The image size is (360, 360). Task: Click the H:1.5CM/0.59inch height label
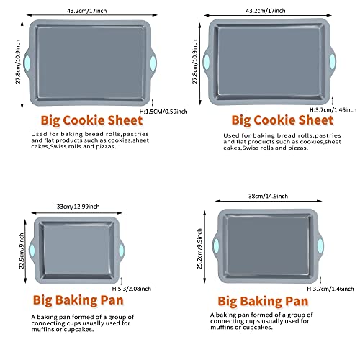pos(163,112)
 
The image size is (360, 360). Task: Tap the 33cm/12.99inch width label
pos(78,207)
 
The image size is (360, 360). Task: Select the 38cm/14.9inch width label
pos(268,196)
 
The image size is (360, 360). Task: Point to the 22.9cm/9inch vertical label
pos(22,251)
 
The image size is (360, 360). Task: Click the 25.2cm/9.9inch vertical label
pos(199,249)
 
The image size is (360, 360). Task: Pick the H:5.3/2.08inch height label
pos(132,289)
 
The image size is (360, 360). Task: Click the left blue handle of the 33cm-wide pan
pos(32,250)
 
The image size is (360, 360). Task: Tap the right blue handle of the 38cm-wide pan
pos(320,246)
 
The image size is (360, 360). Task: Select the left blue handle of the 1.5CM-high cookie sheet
pos(27,63)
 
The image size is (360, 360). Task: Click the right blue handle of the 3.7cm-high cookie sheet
pos(333,62)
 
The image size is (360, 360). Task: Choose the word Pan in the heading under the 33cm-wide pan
pos(112,300)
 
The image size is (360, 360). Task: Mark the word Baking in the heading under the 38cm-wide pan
pos(263,302)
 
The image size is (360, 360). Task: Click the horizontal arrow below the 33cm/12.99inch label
pos(77,213)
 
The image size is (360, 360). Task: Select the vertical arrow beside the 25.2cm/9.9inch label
pos(204,247)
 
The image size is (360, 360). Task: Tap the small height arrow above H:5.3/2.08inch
pos(121,281)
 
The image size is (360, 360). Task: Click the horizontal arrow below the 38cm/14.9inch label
pos(269,201)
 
